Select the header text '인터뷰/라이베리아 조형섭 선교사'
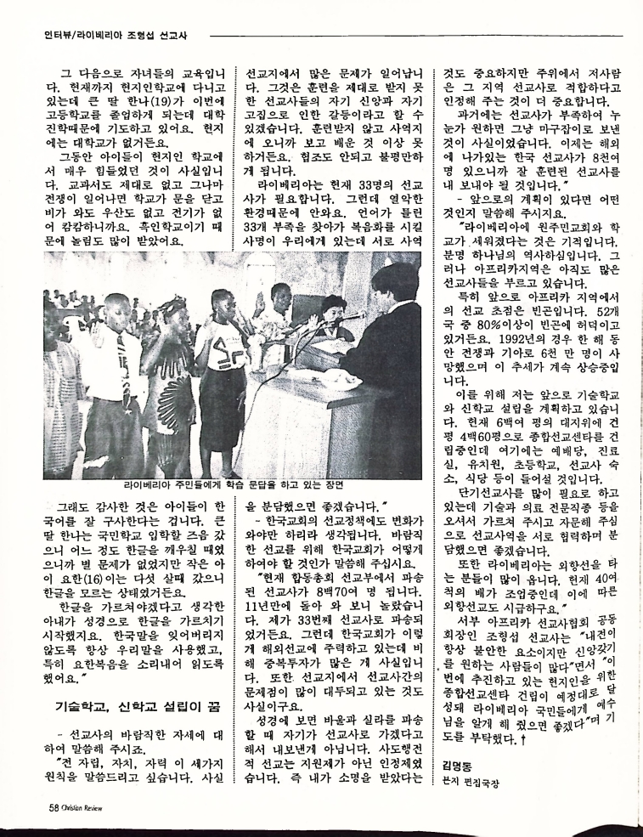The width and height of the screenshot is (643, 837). (x=115, y=36)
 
